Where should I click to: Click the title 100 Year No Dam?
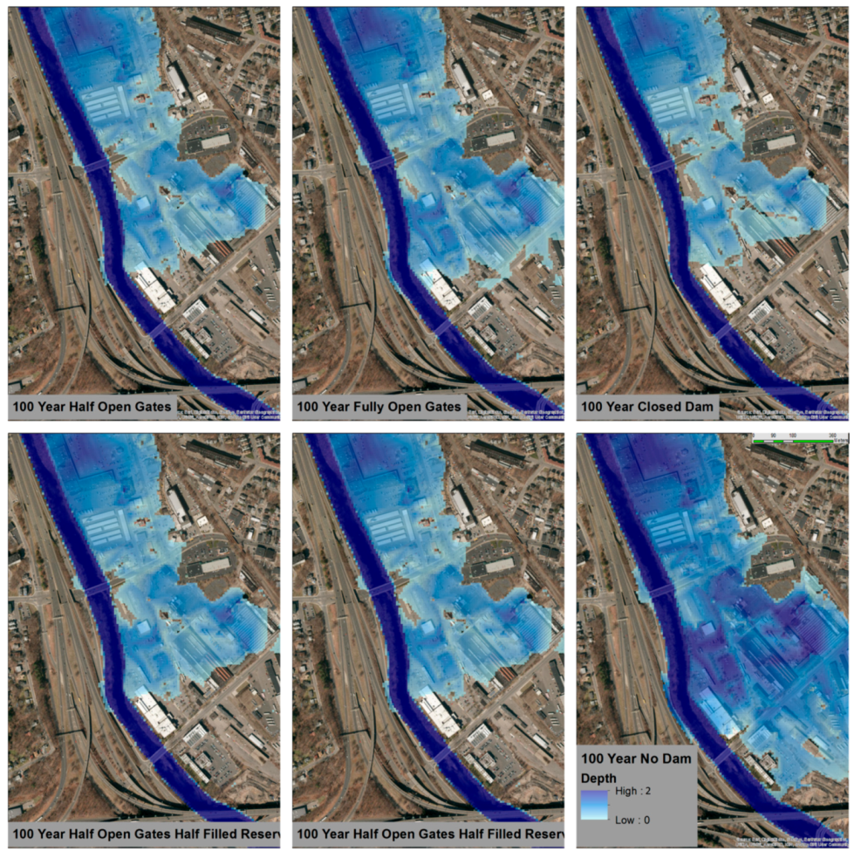[636, 758]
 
